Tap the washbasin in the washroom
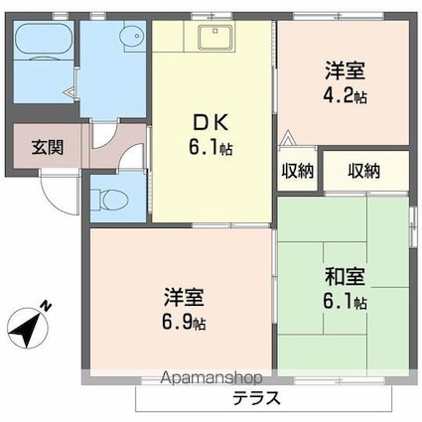pyautogui.click(x=128, y=39)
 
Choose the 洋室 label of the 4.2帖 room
pyautogui.click(x=345, y=70)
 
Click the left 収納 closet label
pyautogui.click(x=297, y=171)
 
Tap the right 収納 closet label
pyautogui.click(x=363, y=171)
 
